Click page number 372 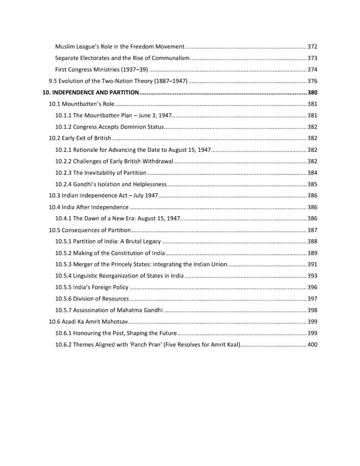(x=312, y=46)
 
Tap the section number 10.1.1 (x=63, y=116)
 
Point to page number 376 (x=312, y=81)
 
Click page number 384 (x=312, y=173)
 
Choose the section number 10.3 (x=54, y=196)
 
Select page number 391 (x=312, y=264)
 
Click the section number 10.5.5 (x=63, y=287)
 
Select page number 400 (x=312, y=345)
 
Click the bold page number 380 (x=312, y=93)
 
